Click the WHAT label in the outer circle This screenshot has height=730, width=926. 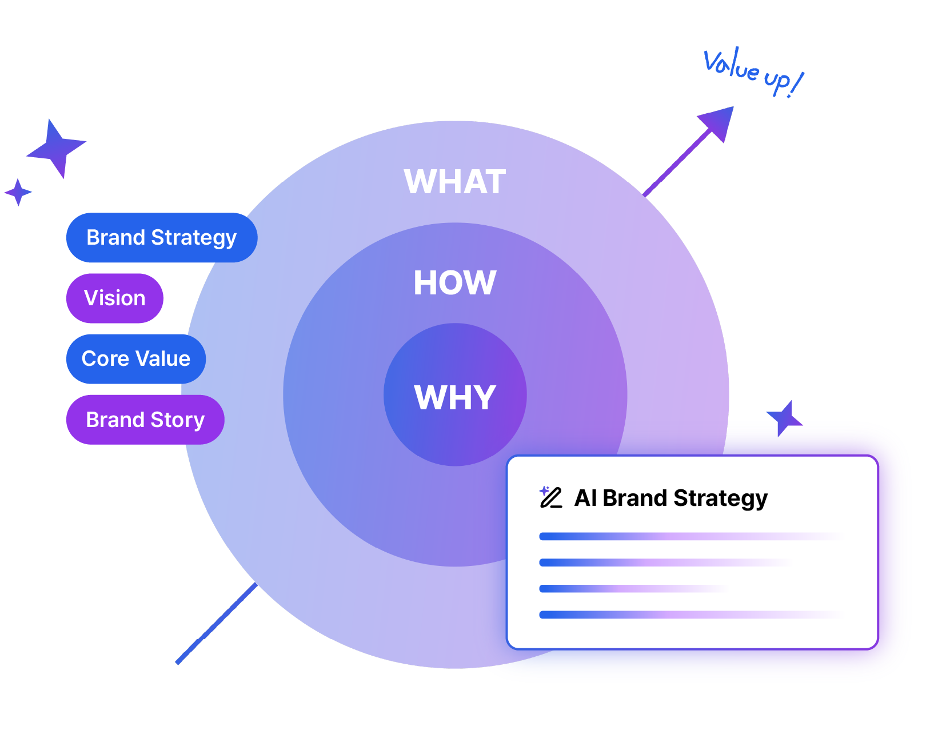click(x=454, y=182)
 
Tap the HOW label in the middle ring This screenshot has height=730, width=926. click(x=454, y=282)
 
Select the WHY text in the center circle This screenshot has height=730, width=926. click(x=454, y=397)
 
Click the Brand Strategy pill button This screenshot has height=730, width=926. click(x=161, y=238)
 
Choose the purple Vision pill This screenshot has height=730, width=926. click(x=115, y=298)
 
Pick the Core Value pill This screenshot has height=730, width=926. click(x=136, y=359)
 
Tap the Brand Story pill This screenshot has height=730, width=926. click(x=145, y=420)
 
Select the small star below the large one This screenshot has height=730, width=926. click(x=18, y=192)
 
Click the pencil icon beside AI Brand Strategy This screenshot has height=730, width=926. click(x=551, y=497)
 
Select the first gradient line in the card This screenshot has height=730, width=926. click(x=686, y=536)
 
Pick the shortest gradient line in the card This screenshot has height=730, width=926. click(x=629, y=588)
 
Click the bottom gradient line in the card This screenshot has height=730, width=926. click(x=686, y=615)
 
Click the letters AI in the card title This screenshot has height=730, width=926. click(x=585, y=498)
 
